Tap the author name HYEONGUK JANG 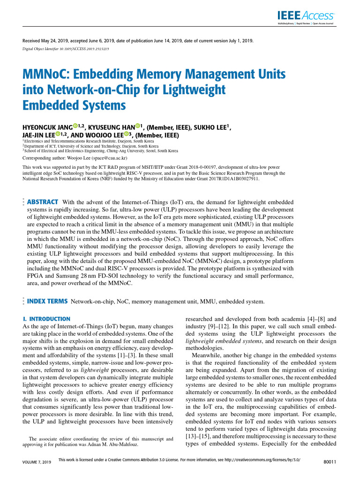[x=47, y=128]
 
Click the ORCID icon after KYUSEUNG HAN [x=138, y=126]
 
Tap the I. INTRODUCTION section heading [x=47, y=319]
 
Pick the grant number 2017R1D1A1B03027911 [x=232, y=179]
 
